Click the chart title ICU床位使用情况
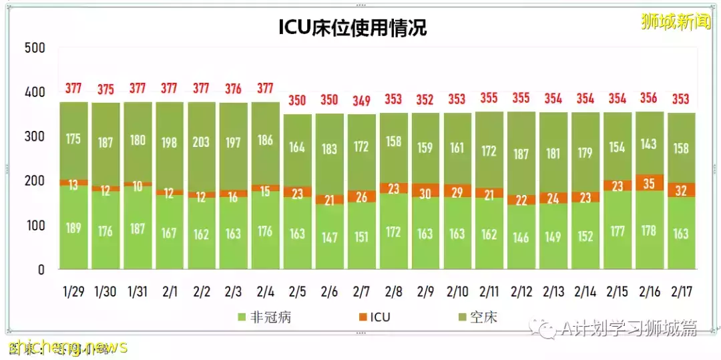coord(352,27)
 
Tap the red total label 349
coord(361,101)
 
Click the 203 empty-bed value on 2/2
coord(201,142)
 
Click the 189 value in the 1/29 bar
coord(73,228)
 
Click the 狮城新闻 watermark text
coord(675,21)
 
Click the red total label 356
coord(650,98)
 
